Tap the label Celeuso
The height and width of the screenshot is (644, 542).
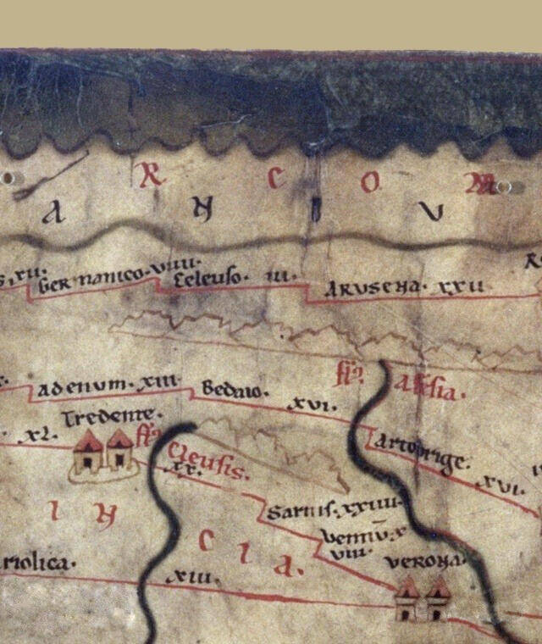click(x=211, y=277)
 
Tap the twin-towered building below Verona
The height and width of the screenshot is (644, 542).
click(x=423, y=599)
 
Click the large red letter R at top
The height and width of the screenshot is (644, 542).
click(x=150, y=175)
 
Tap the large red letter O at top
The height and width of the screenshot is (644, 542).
click(x=370, y=181)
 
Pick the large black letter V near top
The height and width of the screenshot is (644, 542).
click(x=434, y=213)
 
